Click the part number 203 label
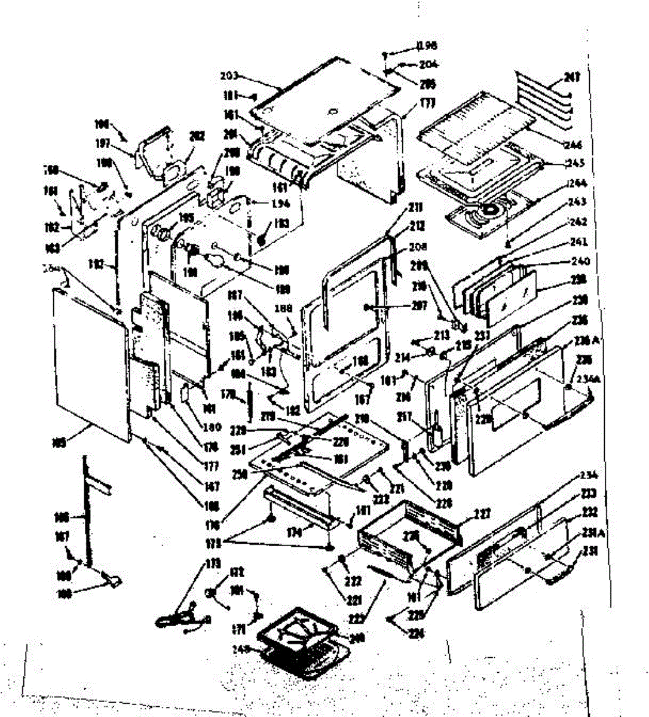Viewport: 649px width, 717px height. coord(229,76)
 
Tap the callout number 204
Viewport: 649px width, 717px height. coord(428,64)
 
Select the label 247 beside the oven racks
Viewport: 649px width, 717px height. coord(573,77)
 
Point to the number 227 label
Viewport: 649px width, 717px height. coord(482,513)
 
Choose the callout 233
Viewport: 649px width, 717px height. coord(589,494)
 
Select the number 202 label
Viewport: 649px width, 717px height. coord(197,136)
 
